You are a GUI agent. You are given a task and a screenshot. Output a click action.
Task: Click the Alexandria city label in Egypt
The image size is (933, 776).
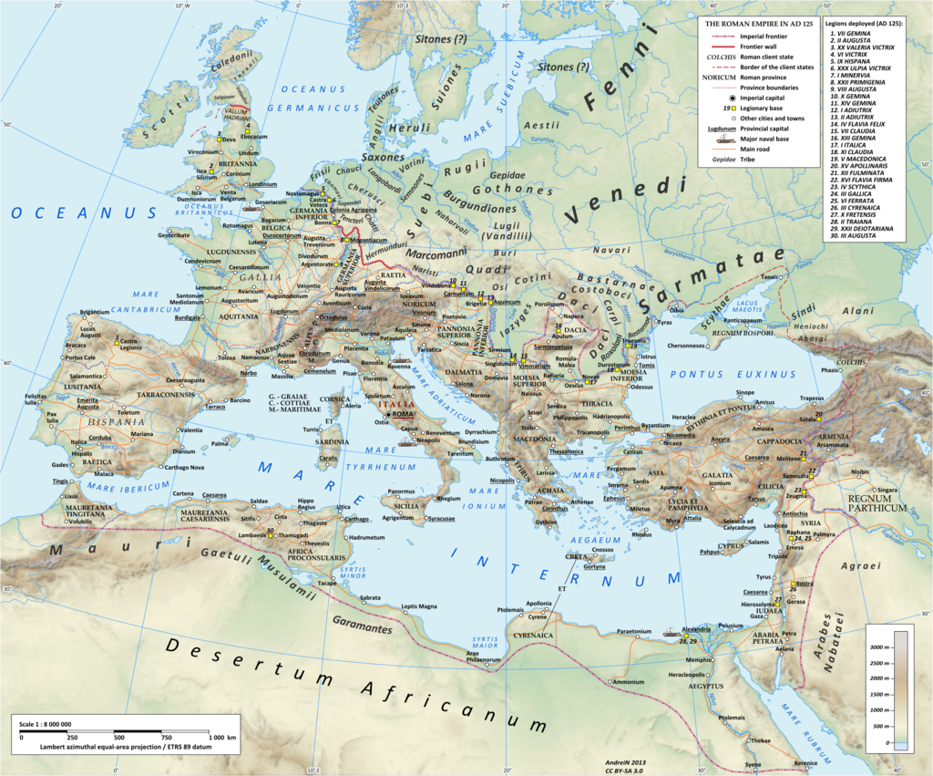[695, 630]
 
